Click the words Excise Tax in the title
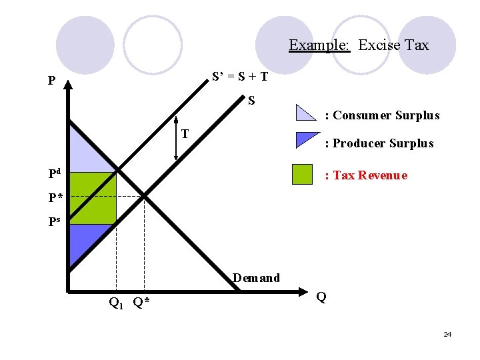click(x=393, y=45)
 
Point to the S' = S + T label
click(x=240, y=76)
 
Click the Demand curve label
click(x=256, y=278)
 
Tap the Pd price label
click(x=55, y=175)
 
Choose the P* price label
click(x=56, y=197)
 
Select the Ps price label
click(x=55, y=222)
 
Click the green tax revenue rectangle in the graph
click(x=93, y=197)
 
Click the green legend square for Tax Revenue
click(x=302, y=175)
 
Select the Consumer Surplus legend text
click(x=381, y=115)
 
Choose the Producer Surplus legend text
click(x=379, y=143)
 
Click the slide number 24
click(x=447, y=334)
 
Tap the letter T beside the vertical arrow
click(x=186, y=133)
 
